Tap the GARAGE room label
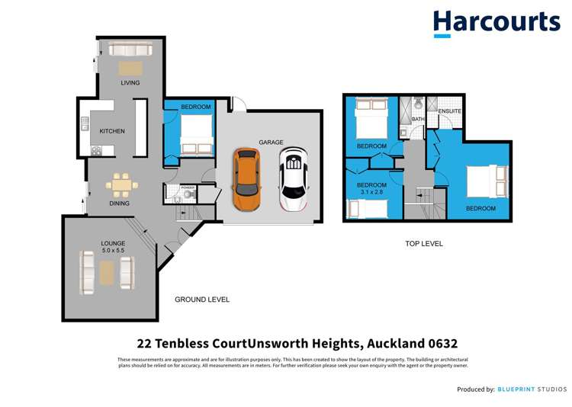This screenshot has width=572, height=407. pos(271,143)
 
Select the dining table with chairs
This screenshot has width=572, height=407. pos(121,186)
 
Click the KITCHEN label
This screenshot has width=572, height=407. pos(112,131)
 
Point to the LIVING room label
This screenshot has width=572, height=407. pos(130,83)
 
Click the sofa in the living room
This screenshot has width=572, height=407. pos(131,50)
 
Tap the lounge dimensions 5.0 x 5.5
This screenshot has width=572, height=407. pos(113,250)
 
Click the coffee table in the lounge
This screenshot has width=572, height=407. pos(106,271)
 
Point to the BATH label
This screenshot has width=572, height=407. pos(418,120)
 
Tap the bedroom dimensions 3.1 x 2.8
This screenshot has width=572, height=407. pos(371,194)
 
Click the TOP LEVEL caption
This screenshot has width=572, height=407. pos(423,244)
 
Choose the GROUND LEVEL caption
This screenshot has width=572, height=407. pos(202,300)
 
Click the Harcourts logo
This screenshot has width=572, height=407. pos(496,23)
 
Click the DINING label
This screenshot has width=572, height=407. pos(119,203)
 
